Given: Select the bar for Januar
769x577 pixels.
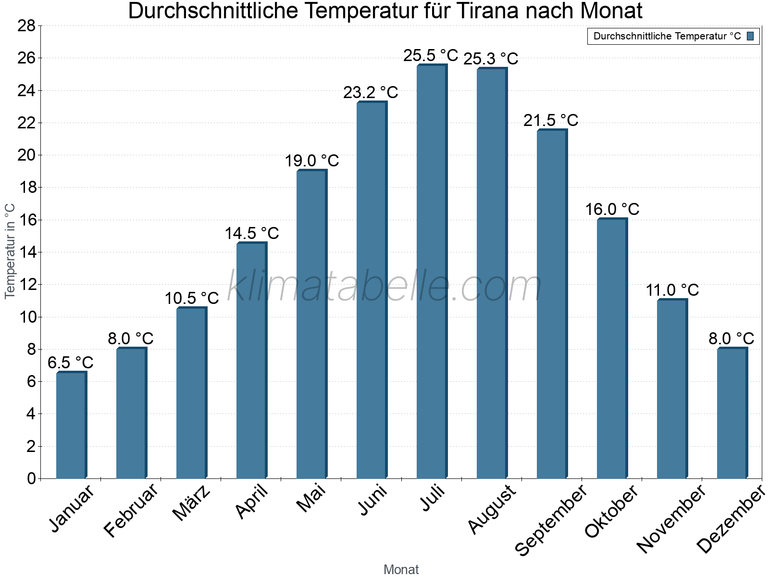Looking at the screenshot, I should tap(71, 426).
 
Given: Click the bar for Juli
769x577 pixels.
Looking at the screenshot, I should tap(432, 272).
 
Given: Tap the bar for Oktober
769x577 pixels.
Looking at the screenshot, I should tap(612, 349).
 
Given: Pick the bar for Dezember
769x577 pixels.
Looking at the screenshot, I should tap(732, 414).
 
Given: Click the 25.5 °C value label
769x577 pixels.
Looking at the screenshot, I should tap(431, 55).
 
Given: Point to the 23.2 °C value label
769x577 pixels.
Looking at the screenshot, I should tap(371, 92).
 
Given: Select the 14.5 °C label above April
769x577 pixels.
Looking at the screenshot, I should tap(252, 233).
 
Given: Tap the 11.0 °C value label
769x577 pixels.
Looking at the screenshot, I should tap(672, 290).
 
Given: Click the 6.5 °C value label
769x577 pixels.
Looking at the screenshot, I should tap(71, 363).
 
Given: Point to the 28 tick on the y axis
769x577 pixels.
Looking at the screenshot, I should tap(26, 25).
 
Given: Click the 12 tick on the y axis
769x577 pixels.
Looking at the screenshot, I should tap(26, 285).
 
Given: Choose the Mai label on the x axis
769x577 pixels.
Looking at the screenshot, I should tap(311, 499).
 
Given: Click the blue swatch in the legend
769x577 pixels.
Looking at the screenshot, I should tap(750, 36).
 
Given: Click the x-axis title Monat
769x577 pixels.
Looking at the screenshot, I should tap(401, 570).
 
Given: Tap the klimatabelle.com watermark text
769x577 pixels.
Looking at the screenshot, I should tap(384, 287).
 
